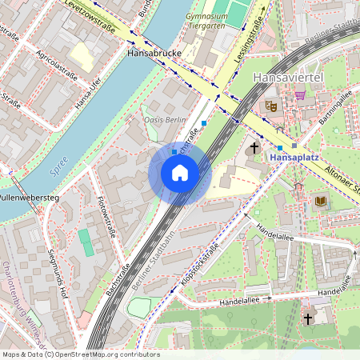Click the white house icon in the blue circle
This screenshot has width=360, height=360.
(x=180, y=173)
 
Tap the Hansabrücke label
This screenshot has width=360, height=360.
(x=155, y=53)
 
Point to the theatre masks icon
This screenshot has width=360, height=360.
(x=271, y=105)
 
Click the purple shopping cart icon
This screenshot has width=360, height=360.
(x=300, y=94)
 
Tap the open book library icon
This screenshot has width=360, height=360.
(x=321, y=201)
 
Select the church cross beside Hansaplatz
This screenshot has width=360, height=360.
(x=254, y=147)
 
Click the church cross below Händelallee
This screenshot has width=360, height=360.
(x=307, y=318)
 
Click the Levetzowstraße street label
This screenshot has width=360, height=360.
(x=89, y=18)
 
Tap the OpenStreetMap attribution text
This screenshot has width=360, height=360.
(x=80, y=354)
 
